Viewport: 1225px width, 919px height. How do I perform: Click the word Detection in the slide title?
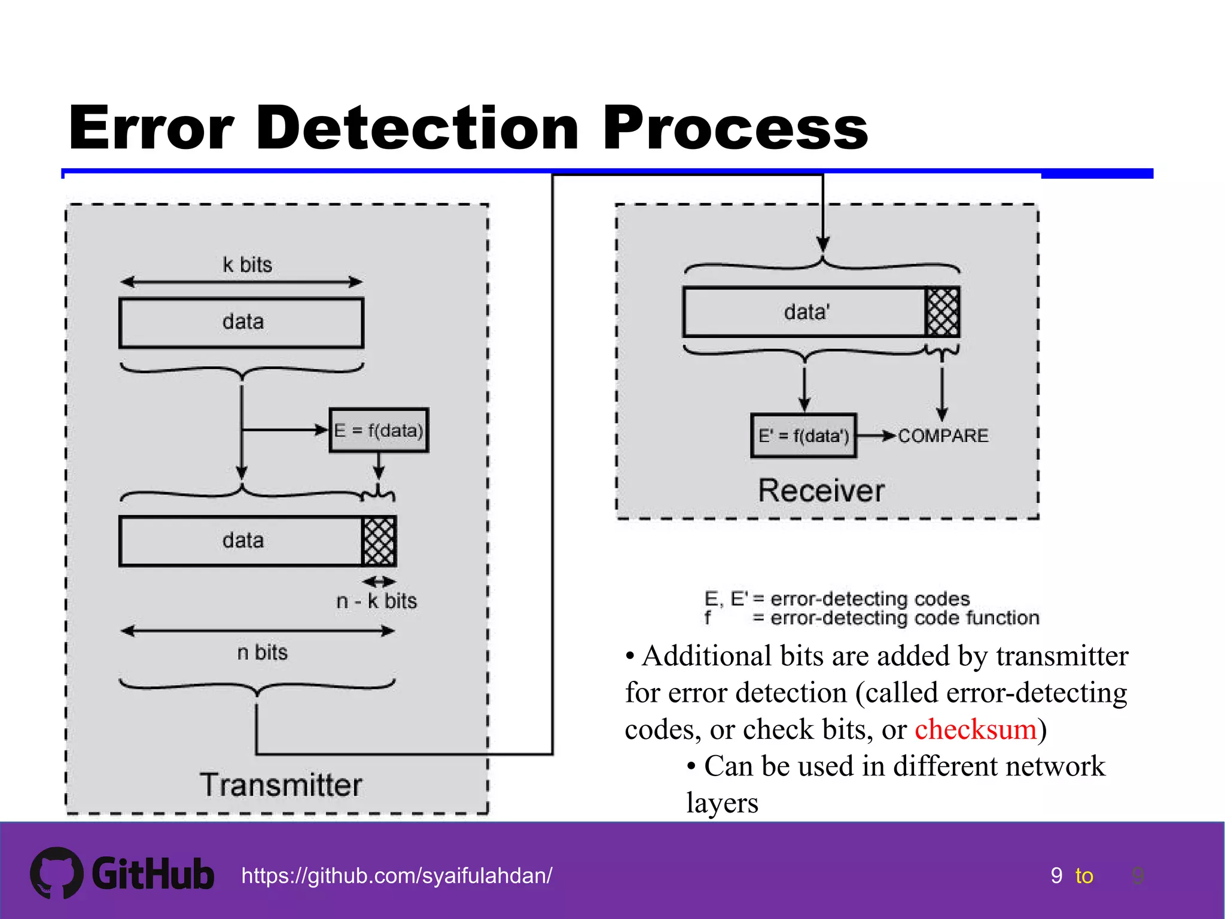(x=418, y=128)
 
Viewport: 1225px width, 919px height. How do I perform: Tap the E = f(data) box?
(x=379, y=430)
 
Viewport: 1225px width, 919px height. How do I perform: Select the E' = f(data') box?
(x=803, y=436)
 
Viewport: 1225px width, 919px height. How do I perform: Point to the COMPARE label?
(x=943, y=436)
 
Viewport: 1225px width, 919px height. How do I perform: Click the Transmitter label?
(x=281, y=785)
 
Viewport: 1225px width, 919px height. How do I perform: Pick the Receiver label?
(x=821, y=491)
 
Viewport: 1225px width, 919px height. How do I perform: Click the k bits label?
(x=247, y=264)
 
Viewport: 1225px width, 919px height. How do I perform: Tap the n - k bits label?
(x=376, y=601)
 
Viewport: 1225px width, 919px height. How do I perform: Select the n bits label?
(x=262, y=652)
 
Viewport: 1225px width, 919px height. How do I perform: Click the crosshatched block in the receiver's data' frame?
(x=942, y=312)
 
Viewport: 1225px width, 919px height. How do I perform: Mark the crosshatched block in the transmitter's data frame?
(x=379, y=541)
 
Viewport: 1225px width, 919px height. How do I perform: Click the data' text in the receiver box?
(x=806, y=312)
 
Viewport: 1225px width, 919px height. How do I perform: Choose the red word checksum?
(x=975, y=729)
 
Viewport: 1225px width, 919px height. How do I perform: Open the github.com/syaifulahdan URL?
(x=397, y=875)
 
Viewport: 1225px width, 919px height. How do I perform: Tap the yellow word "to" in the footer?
(x=1084, y=876)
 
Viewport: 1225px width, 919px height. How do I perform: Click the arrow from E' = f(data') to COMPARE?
(x=876, y=436)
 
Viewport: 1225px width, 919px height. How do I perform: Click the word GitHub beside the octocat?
(x=153, y=874)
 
